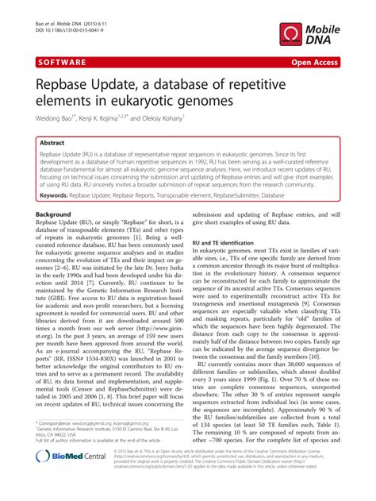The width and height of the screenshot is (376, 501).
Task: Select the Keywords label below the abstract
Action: click(x=63, y=195)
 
